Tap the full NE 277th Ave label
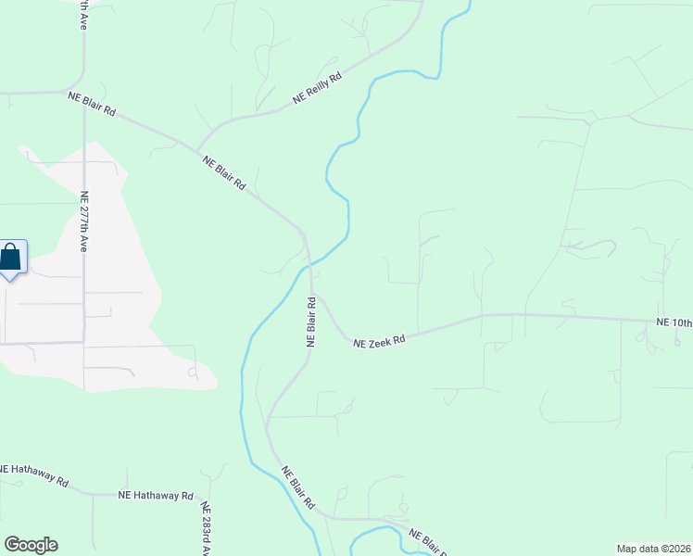tap(83, 222)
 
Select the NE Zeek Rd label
tap(380, 342)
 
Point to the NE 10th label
tap(674, 322)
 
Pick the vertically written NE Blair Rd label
tap(312, 322)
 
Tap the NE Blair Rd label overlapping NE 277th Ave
tap(91, 103)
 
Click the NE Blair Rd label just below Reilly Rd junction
tap(224, 172)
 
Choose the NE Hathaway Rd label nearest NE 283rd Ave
tap(155, 497)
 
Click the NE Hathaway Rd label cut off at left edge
tap(34, 475)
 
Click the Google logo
tap(31, 545)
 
